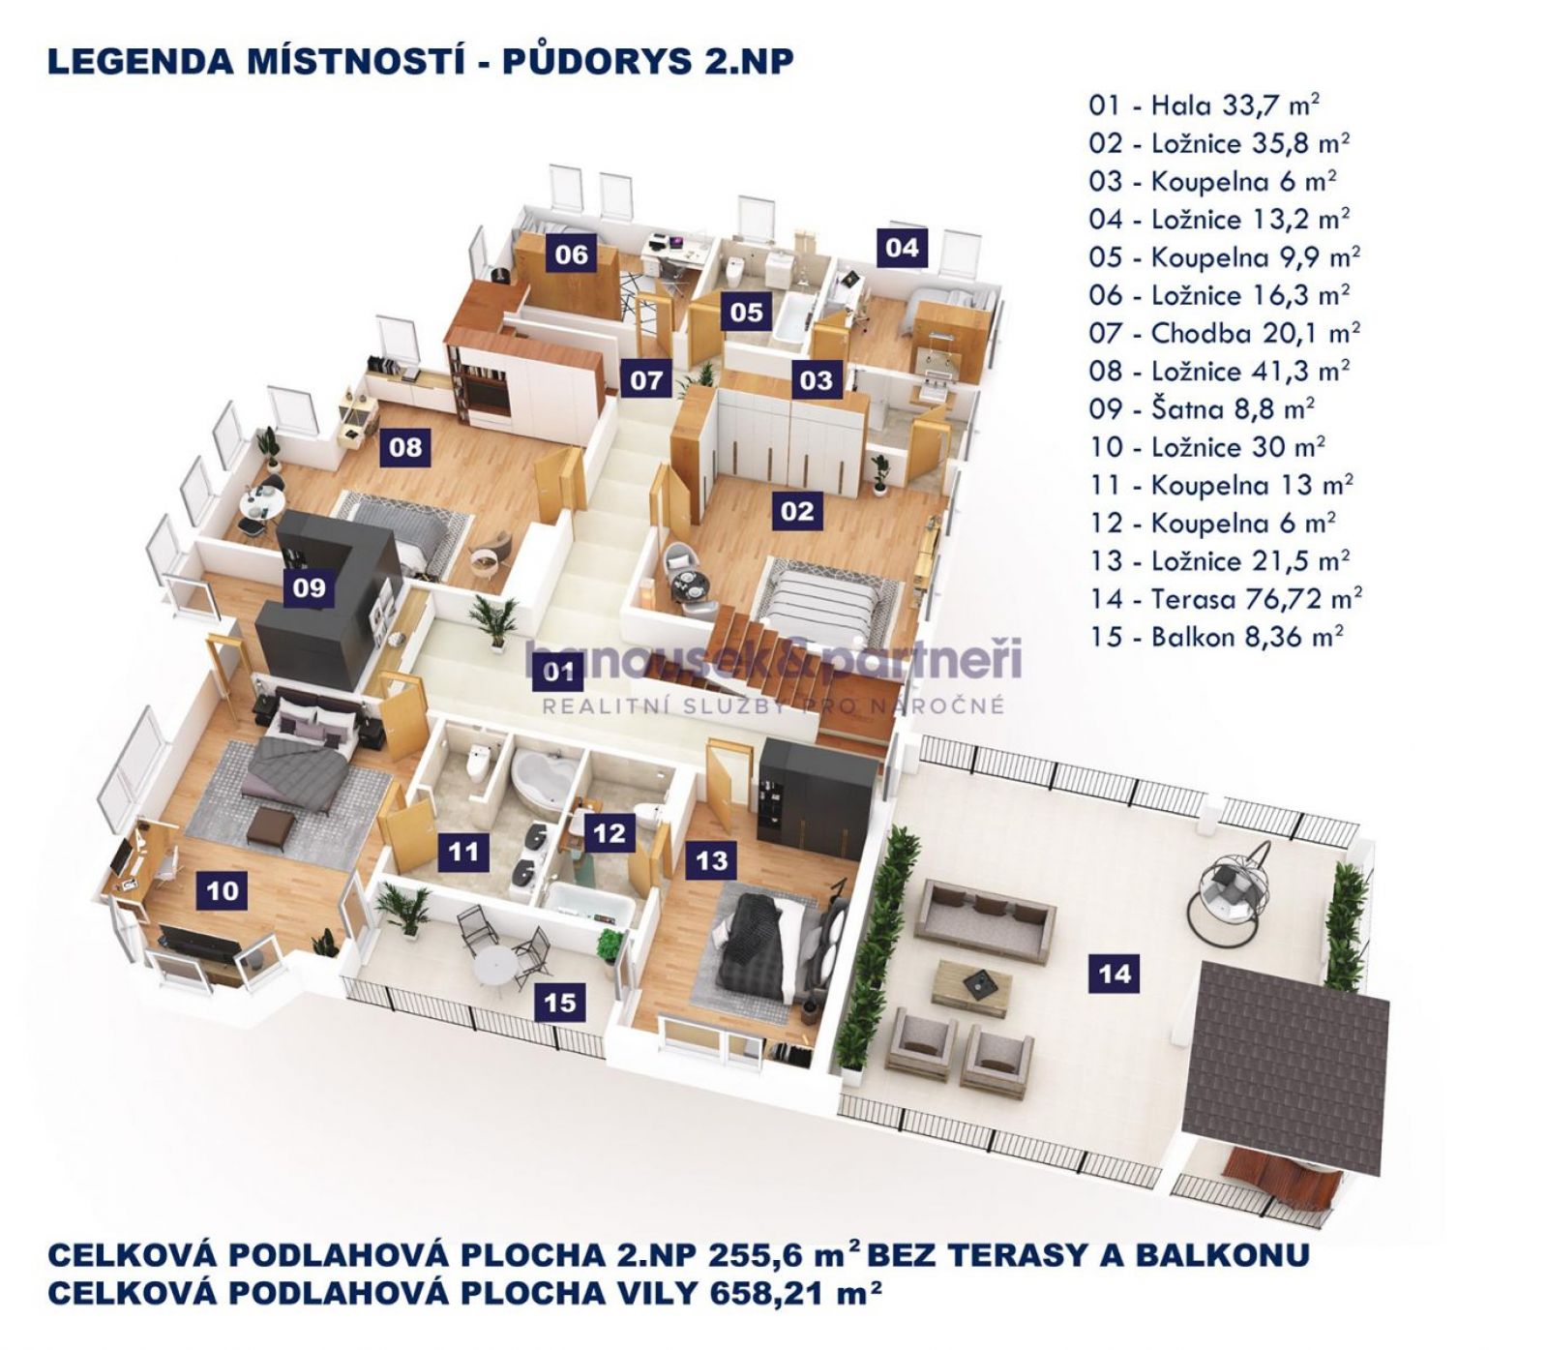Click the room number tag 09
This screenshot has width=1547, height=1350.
click(310, 587)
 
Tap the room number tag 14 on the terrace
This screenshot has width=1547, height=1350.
click(1115, 973)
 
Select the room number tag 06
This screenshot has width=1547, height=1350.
click(571, 255)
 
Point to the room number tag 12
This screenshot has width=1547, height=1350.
click(610, 832)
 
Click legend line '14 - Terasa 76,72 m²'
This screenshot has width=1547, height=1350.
click(1225, 599)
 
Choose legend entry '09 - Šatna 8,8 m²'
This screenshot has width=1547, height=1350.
click(1201, 409)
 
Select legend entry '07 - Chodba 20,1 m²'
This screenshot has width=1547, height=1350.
click(1224, 334)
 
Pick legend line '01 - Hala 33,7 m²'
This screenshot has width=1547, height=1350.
click(1204, 105)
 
